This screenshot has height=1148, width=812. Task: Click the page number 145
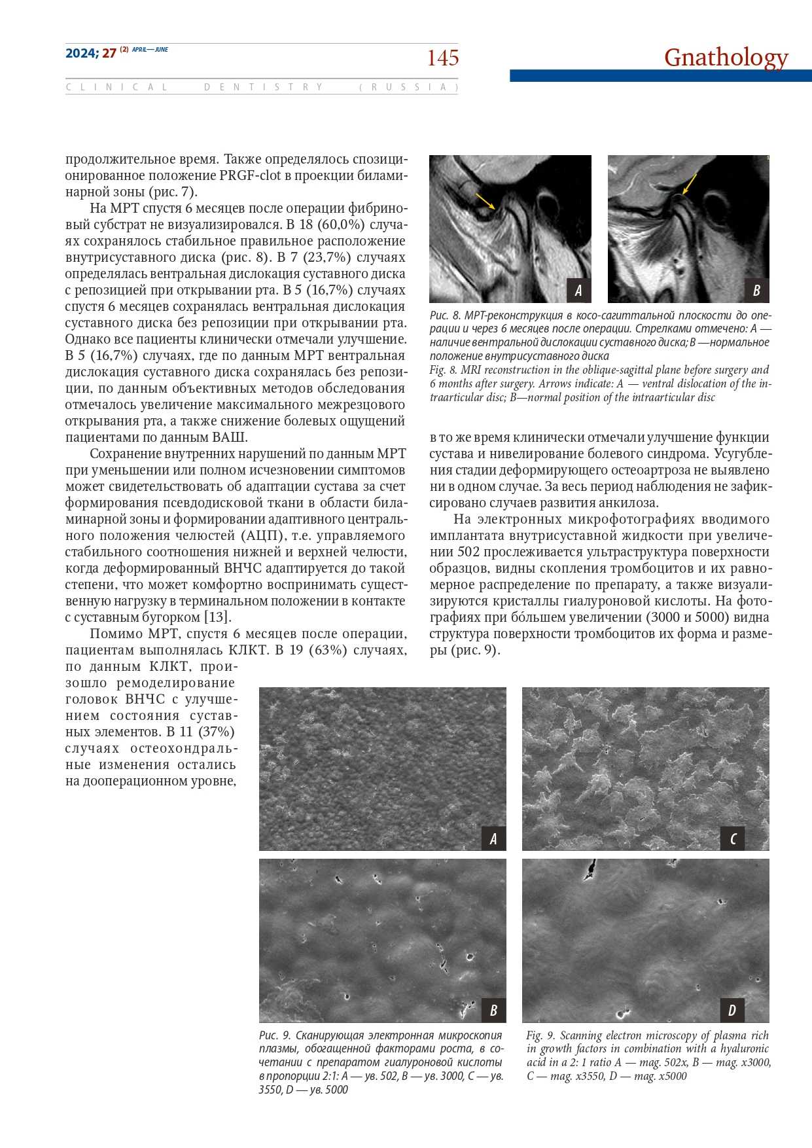[x=443, y=58]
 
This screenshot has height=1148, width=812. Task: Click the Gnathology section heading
[x=726, y=57]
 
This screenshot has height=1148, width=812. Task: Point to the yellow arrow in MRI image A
[x=485, y=201]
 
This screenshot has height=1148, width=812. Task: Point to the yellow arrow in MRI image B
[x=690, y=184]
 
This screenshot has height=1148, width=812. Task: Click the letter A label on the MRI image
[x=578, y=290]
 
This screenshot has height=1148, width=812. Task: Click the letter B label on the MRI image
[x=756, y=290]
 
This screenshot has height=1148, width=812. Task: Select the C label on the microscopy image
[x=733, y=838]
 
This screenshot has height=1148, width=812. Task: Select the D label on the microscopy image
[x=732, y=1010]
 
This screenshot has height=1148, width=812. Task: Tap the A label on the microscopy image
[x=493, y=838]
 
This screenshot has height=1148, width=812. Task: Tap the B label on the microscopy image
[x=493, y=1010]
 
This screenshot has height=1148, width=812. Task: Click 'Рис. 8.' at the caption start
[x=445, y=315]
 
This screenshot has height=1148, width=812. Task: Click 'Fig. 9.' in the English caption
[x=540, y=1035]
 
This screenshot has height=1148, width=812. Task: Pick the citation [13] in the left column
[x=218, y=617]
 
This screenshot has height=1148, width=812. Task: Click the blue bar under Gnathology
[x=660, y=76]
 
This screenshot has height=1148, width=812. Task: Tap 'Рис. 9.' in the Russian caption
[x=275, y=1035]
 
